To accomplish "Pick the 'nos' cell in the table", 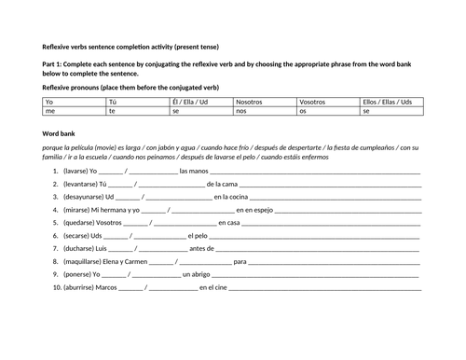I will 241,110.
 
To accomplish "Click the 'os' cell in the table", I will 303,110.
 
